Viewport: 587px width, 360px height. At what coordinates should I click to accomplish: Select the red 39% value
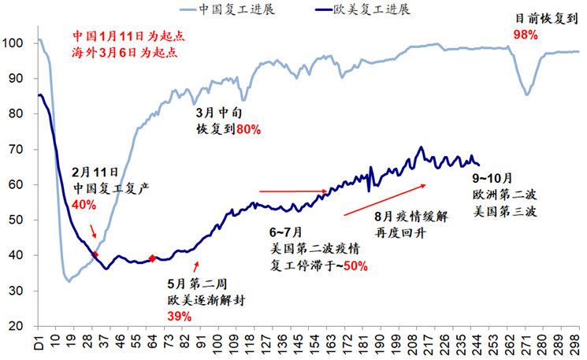coord(179,316)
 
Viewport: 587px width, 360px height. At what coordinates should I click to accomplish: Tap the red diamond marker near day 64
coord(152,258)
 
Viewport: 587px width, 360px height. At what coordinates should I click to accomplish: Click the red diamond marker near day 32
coord(95,254)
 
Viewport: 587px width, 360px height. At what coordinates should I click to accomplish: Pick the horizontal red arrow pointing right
coord(293,191)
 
